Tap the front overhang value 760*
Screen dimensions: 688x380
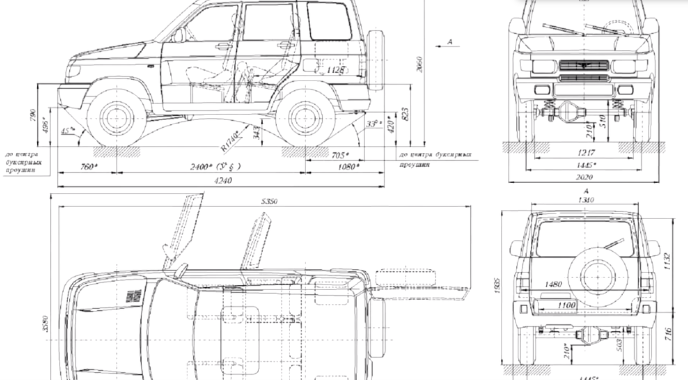coord(86,167)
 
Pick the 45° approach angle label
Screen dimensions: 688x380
coord(68,131)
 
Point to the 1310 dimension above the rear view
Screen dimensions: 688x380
coord(586,200)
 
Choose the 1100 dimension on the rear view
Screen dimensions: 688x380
coord(565,306)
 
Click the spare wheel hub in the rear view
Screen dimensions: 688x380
coord(597,276)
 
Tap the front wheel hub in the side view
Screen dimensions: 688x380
coord(116,118)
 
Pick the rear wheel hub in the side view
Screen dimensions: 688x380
coord(305,118)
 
